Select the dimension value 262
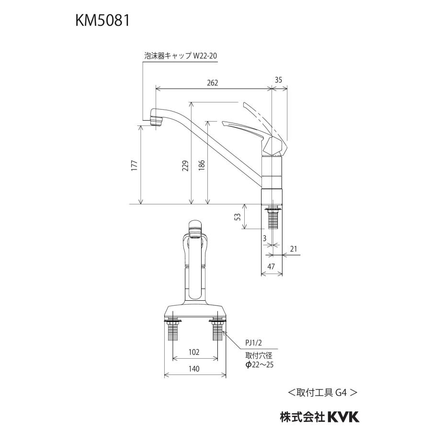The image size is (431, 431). click(x=213, y=83)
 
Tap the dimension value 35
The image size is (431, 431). click(x=279, y=80)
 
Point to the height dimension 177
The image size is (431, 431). click(x=135, y=165)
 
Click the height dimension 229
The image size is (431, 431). click(x=185, y=165)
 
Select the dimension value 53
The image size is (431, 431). click(x=238, y=217)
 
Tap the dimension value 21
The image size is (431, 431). click(x=294, y=248)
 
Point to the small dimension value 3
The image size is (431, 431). click(x=263, y=238)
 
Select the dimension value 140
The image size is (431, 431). click(x=194, y=369)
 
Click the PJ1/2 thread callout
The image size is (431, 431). click(x=253, y=343)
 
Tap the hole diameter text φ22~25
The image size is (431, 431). click(x=259, y=365)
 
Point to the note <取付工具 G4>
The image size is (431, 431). click(x=322, y=392)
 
